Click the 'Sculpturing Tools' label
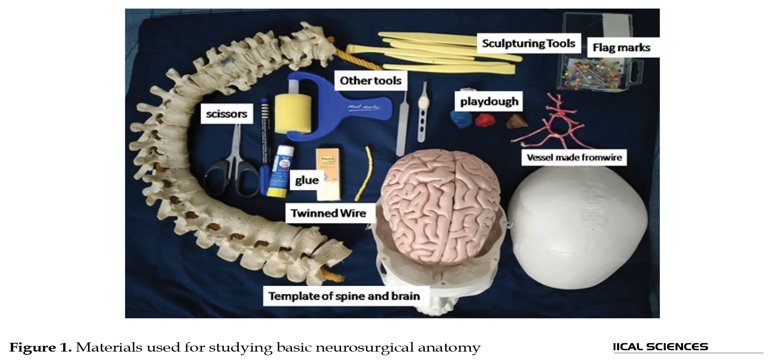pos(528,43)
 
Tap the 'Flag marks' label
pos(621,48)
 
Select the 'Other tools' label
pos(371,80)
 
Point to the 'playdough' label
pos(489,101)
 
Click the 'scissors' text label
pos(227,114)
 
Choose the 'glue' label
pos(307,180)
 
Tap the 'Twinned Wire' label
pos(328,213)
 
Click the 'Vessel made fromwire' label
pos(574,157)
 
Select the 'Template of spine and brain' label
pos(344,296)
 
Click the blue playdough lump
pos(461,119)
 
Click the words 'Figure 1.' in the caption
pos(40,347)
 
